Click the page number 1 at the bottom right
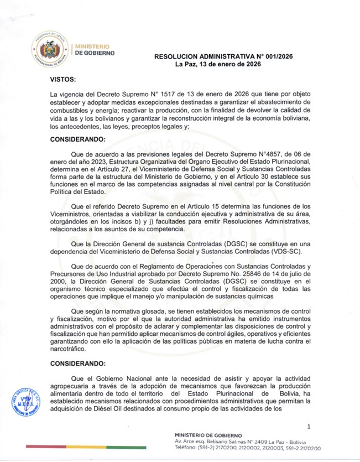click(309, 427)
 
